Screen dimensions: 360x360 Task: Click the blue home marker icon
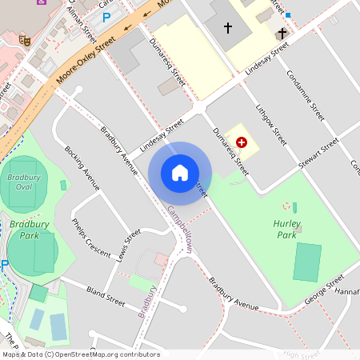180,173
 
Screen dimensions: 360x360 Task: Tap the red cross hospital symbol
242,141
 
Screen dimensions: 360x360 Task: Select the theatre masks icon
25,38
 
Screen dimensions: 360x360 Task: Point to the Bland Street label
106,296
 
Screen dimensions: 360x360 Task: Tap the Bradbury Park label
24,231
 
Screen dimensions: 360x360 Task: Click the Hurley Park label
286,230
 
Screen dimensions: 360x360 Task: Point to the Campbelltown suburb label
180,230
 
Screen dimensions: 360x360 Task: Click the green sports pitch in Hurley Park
306,262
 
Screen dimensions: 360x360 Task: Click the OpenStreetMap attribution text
80,354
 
